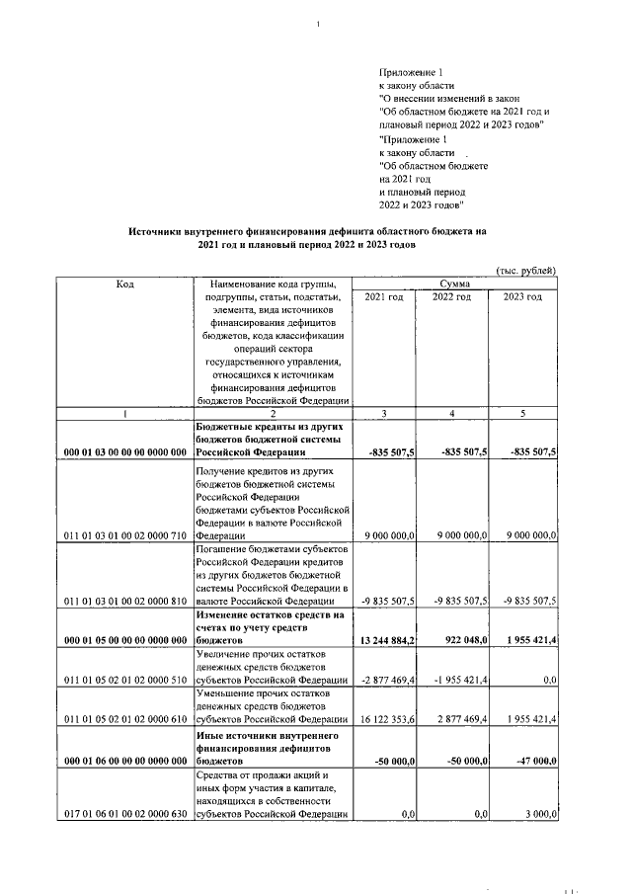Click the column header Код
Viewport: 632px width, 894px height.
(x=124, y=284)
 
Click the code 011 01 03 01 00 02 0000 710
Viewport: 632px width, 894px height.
(x=124, y=534)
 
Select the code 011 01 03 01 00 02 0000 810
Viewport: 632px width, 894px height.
(x=124, y=600)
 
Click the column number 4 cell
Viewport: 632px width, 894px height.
(x=451, y=414)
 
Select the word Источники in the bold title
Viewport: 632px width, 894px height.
(x=161, y=230)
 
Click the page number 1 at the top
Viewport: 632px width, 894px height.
(x=318, y=25)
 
